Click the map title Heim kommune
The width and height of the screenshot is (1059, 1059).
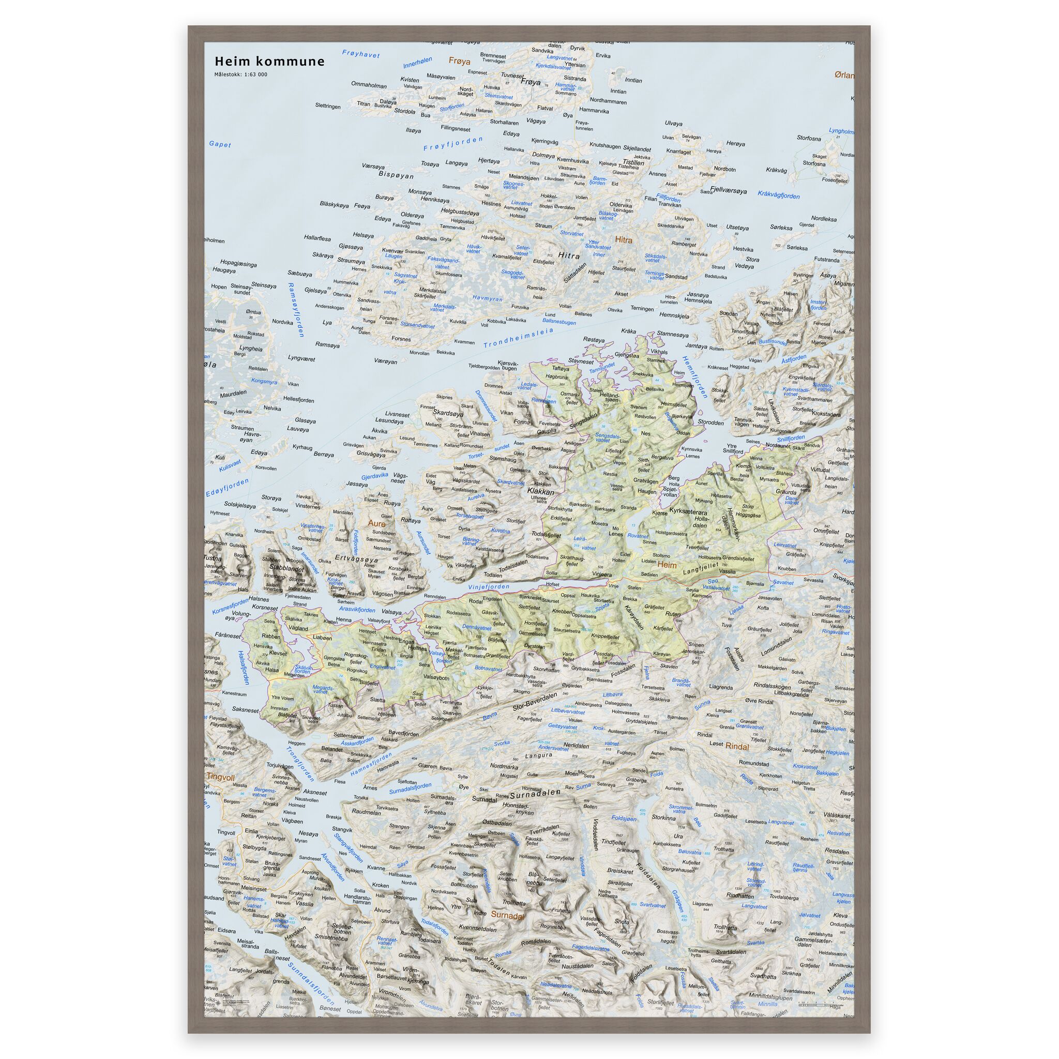coord(269,62)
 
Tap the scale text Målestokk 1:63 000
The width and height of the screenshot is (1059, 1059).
coord(240,74)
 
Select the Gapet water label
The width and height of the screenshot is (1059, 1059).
coord(220,145)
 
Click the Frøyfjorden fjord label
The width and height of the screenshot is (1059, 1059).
coord(453,144)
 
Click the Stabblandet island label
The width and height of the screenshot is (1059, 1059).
coord(286,569)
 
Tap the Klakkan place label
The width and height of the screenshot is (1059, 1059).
coord(540,492)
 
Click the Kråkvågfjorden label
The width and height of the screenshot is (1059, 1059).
coord(778,194)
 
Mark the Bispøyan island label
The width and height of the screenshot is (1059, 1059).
coord(396,176)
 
